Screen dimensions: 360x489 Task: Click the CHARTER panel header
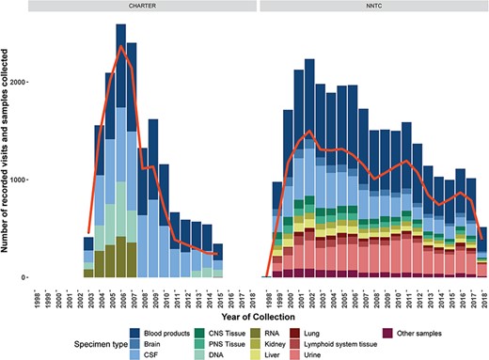pyautogui.click(x=142, y=8)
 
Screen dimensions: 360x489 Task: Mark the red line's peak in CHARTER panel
pyautogui.click(x=121, y=46)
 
